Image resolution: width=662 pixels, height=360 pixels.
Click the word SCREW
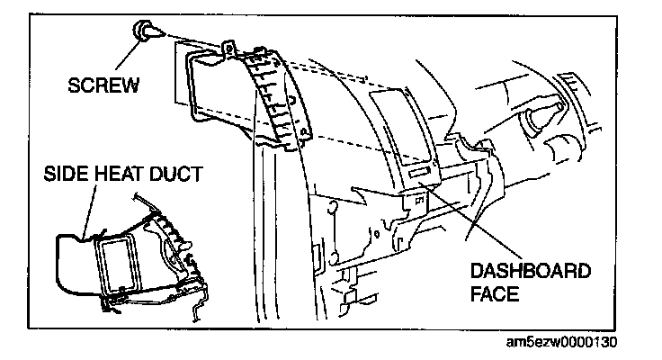click(104, 86)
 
